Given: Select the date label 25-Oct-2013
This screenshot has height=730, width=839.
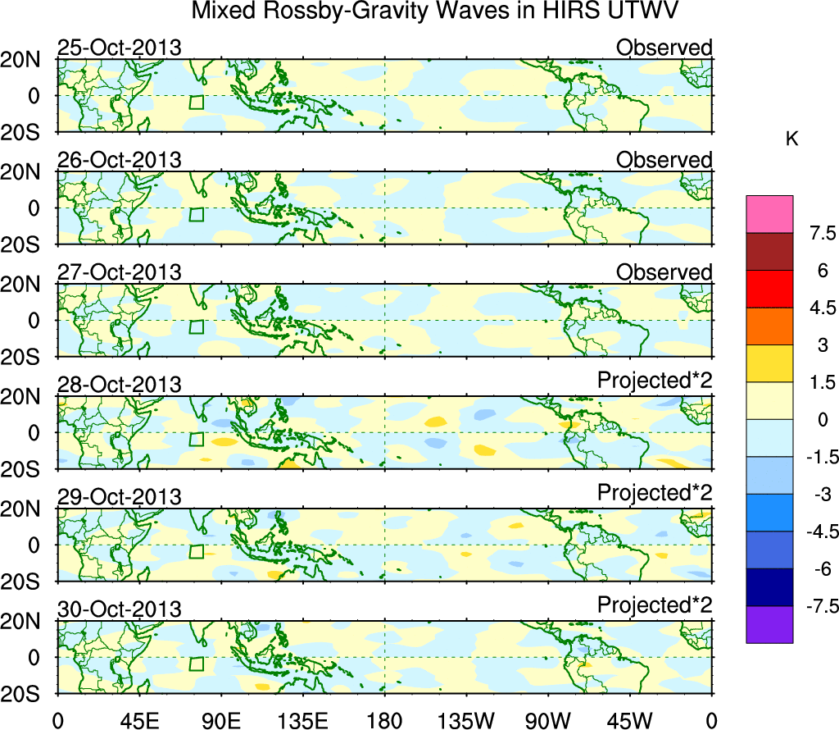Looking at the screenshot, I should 119,48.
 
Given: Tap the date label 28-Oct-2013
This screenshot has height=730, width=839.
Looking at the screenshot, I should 119,385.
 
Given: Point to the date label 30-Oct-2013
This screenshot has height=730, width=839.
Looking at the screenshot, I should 119,609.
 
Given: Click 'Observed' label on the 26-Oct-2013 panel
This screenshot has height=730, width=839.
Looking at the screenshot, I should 664,160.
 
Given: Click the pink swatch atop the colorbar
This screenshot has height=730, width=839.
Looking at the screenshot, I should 769,214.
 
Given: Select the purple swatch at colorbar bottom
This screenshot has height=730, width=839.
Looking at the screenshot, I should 769,624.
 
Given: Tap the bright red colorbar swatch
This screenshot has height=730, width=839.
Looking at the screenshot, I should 769,289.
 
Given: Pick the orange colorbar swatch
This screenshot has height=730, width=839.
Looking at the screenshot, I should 769,326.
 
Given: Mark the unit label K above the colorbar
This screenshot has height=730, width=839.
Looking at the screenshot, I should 792,139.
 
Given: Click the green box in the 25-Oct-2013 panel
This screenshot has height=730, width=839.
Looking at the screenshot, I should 196,102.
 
